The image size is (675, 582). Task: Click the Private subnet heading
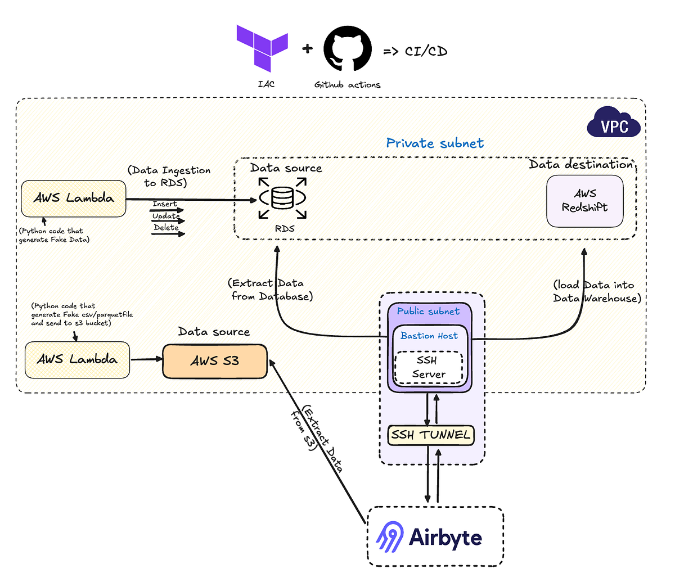435,143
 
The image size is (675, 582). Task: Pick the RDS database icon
282,198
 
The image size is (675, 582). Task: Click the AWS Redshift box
584,201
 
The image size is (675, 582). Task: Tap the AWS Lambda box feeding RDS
73,198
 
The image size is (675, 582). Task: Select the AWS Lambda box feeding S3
77,359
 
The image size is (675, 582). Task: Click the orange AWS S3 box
215,361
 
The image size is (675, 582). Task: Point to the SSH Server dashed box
428,367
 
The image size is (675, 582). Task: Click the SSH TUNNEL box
431,435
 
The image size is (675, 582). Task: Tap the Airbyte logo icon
390,536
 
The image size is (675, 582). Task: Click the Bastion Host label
429,336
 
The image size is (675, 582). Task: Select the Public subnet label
428,311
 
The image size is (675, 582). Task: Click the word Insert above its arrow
164,204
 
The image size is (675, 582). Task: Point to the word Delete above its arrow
166,227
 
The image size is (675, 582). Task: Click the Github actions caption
347,85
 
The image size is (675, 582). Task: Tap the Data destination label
580,164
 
